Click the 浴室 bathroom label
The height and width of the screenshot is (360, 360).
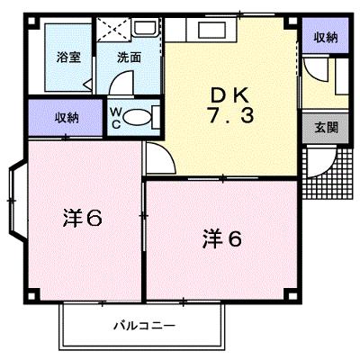69,57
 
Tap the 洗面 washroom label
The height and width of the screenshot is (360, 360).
129,58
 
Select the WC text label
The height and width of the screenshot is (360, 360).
116,118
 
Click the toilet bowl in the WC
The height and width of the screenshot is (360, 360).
137,117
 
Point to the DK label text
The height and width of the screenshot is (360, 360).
230,96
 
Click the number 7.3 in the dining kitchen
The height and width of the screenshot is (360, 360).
231,116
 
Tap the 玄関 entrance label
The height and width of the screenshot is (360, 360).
326,128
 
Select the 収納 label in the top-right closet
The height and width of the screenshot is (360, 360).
326,38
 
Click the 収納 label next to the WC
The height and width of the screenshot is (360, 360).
67,118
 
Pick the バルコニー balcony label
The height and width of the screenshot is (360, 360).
144,326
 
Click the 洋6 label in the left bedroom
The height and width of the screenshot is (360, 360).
83,219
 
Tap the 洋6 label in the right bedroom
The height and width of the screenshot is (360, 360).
222,239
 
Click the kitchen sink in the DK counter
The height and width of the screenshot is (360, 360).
212,30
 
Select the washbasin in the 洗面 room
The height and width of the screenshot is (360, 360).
146,28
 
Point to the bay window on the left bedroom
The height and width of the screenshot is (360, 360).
17,200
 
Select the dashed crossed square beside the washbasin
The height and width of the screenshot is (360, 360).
114,29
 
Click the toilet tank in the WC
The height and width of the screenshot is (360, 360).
156,117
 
